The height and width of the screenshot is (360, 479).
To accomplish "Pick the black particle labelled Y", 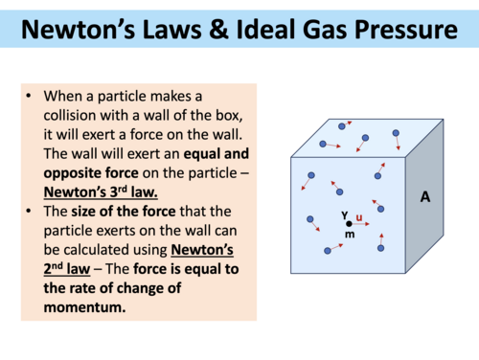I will click(x=349, y=223).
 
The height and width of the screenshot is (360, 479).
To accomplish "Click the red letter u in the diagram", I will click(x=358, y=216).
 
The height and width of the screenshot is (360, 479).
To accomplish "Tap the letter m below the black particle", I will click(x=350, y=235).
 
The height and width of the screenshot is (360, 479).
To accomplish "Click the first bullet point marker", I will click(x=32, y=97).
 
